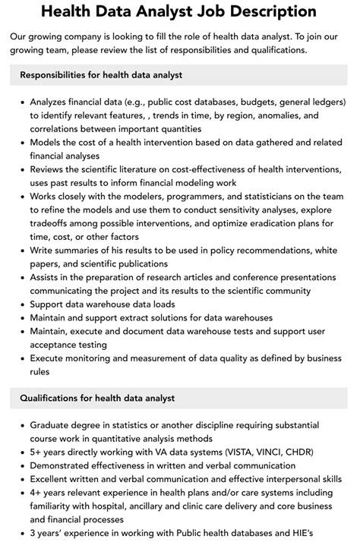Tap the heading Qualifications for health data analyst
(97, 398)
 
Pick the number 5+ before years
(37, 452)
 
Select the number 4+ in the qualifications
(37, 493)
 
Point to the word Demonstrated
(65, 465)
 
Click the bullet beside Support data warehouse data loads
(22, 304)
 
